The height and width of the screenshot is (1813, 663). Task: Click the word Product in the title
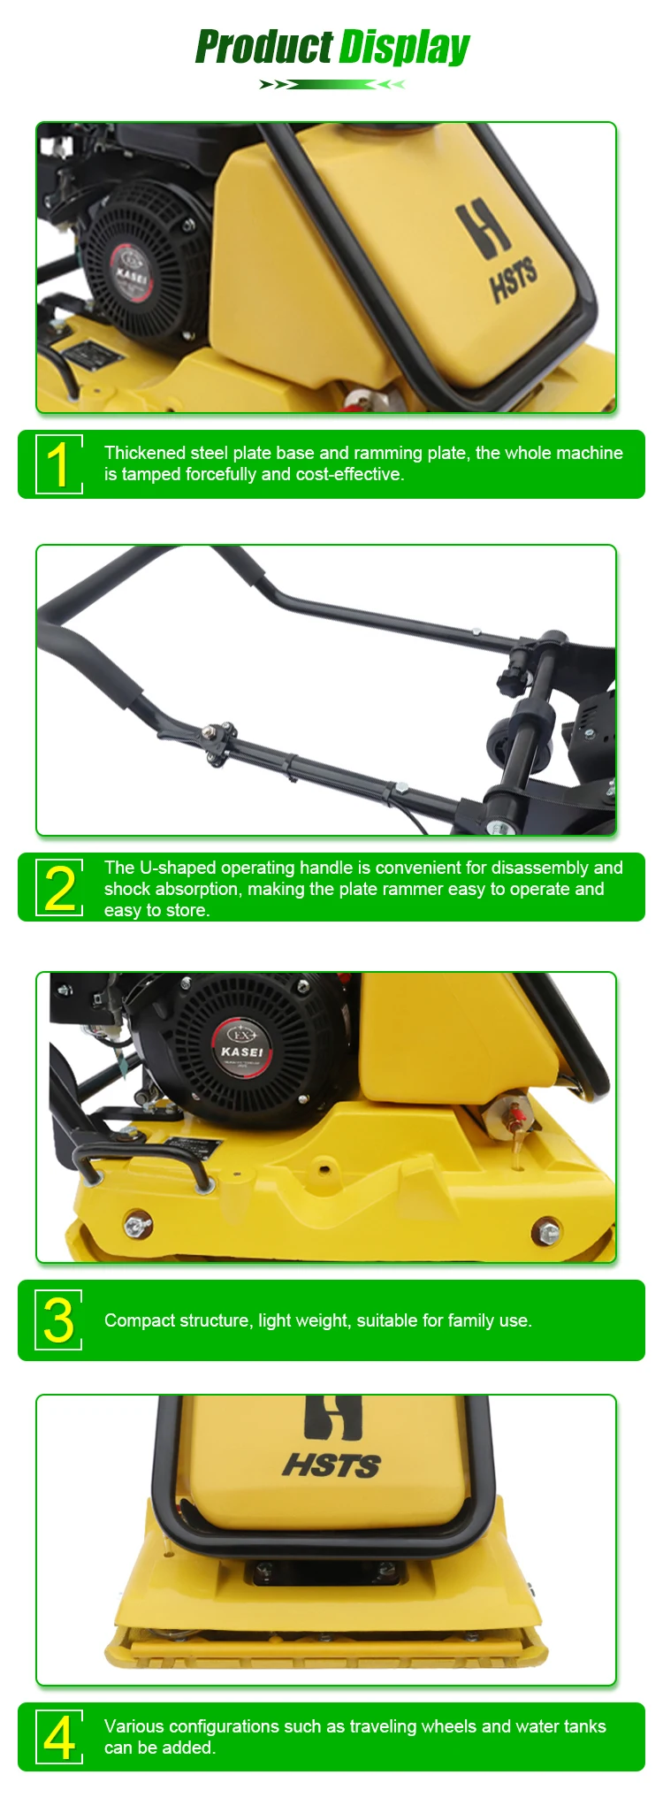[x=264, y=47]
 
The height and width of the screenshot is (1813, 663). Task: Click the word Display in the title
[x=405, y=48]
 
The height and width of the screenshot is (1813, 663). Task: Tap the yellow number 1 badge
[x=58, y=464]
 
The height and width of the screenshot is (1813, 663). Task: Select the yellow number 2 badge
[x=58, y=887]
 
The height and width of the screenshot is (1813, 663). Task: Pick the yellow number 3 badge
[x=58, y=1320]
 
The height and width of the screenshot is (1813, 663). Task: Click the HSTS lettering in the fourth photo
[x=331, y=1466]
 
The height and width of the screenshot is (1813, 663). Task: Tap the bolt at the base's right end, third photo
[x=546, y=1230]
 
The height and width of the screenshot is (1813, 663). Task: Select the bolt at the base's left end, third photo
[x=137, y=1225]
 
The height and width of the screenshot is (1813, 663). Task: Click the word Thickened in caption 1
[x=144, y=453]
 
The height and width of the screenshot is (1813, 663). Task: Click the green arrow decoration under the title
[x=332, y=85]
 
